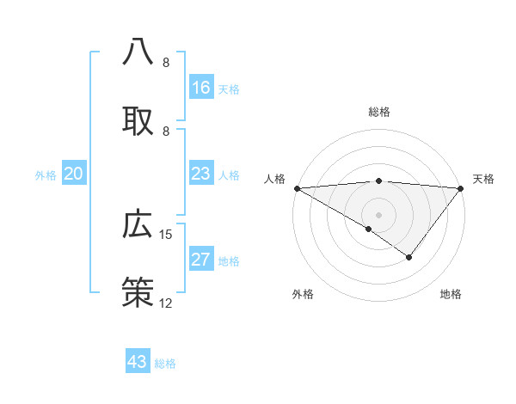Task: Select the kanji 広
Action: point(138,223)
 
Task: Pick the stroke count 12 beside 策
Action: point(166,303)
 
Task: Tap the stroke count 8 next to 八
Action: point(166,63)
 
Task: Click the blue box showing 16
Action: point(201,88)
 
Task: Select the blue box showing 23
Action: point(201,174)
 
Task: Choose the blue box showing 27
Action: point(201,260)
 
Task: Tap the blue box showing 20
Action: point(74,174)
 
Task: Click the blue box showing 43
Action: point(138,362)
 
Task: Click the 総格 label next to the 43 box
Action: point(165,364)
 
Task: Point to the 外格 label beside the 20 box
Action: point(46,175)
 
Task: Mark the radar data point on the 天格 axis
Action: point(462,188)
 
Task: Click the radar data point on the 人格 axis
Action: point(297,188)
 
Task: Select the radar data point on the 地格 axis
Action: point(409,257)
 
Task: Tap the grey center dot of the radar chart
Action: point(379,214)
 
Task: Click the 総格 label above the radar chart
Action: point(379,112)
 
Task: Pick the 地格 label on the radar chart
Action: point(451,295)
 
